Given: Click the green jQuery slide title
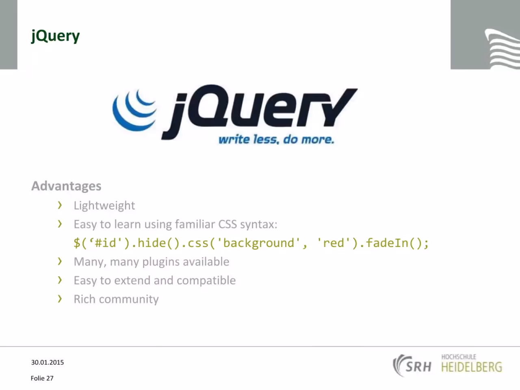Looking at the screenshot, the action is [x=55, y=36].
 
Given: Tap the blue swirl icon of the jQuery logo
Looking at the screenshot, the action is [x=134, y=110].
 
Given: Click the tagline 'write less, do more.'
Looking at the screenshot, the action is [x=276, y=140].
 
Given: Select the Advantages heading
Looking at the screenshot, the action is [x=66, y=186].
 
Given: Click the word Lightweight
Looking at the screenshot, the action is [x=104, y=206].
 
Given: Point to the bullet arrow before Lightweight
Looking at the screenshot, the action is [x=60, y=205].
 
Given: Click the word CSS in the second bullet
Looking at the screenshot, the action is [x=227, y=224].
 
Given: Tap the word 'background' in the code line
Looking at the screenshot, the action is [x=259, y=243].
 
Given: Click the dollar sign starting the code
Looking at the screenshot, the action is [x=77, y=243].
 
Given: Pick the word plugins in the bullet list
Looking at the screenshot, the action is [x=161, y=262].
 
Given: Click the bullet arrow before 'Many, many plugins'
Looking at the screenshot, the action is [x=60, y=261].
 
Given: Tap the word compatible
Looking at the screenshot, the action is [x=206, y=281].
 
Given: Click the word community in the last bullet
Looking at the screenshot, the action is [x=129, y=299].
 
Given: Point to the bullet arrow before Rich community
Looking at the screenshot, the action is [x=60, y=299].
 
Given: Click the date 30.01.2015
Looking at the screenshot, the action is [x=48, y=362].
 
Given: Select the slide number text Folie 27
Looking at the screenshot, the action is [x=42, y=378].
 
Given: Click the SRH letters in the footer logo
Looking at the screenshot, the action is [x=418, y=367].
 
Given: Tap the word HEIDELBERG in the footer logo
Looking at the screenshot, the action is [x=472, y=367].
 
